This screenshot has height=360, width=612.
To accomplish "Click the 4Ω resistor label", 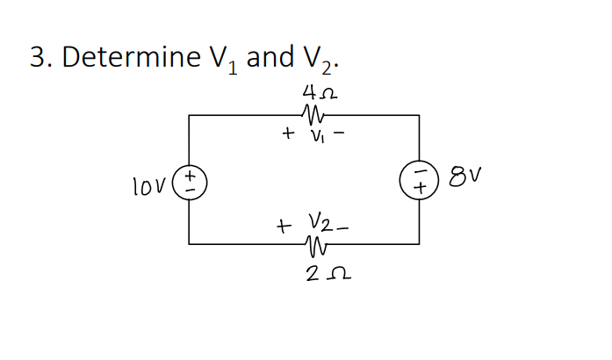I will [x=319, y=90].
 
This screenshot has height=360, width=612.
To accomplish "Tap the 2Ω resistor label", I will [x=319, y=278].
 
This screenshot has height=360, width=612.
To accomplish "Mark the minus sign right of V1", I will [x=338, y=135].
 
